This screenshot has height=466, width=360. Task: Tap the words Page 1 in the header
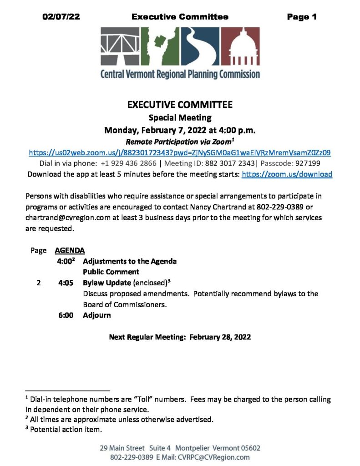pyautogui.click(x=301, y=17)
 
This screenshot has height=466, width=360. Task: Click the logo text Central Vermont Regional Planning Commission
pyautogui.click(x=180, y=74)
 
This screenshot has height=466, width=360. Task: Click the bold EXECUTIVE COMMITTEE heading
pyautogui.click(x=180, y=105)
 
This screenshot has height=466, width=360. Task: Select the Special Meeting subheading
pyautogui.click(x=180, y=118)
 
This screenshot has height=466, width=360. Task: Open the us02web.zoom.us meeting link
pyautogui.click(x=180, y=152)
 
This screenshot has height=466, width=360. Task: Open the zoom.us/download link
pyautogui.click(x=287, y=174)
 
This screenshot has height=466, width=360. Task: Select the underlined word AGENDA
pyautogui.click(x=69, y=250)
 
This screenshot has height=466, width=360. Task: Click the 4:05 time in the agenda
pyautogui.click(x=66, y=283)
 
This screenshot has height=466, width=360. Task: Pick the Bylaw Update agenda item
pyautogui.click(x=107, y=283)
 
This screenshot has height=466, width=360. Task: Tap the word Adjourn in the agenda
pyautogui.click(x=96, y=315)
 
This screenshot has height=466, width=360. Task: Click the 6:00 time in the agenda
pyautogui.click(x=66, y=315)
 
